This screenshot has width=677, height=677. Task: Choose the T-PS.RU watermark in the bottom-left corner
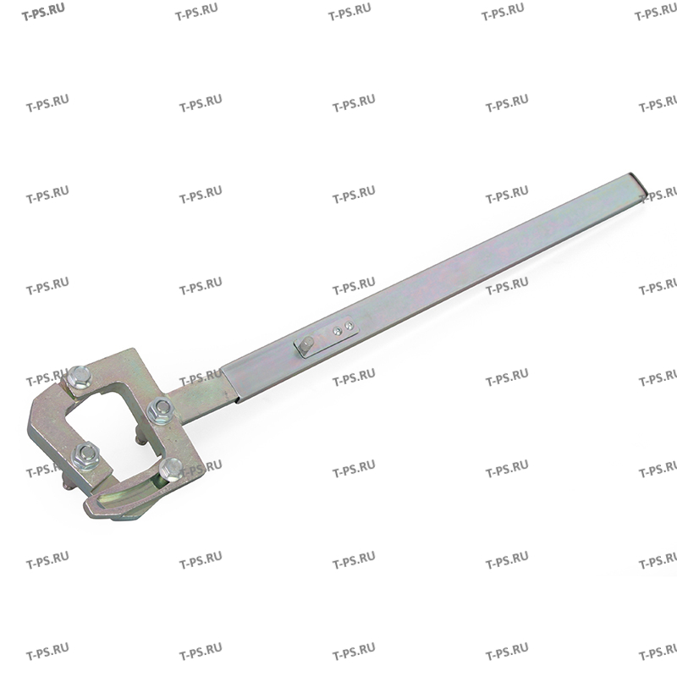pos(47,652)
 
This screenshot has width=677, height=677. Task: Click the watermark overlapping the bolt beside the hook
pos(201,467)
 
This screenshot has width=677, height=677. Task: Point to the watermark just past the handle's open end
pos(658,194)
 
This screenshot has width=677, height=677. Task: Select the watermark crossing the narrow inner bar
pos(201,377)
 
